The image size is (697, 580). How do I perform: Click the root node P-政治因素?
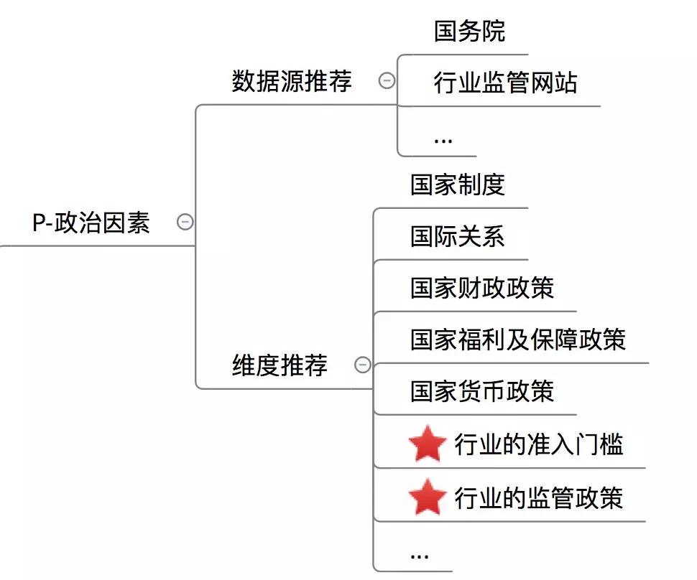click(91, 223)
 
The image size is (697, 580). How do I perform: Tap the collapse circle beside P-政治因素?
click(185, 223)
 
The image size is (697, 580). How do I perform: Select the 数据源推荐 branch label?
click(292, 81)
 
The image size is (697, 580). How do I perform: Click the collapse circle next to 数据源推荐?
click(387, 81)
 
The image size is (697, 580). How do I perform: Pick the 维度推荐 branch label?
click(280, 365)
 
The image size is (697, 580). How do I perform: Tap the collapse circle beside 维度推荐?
click(363, 365)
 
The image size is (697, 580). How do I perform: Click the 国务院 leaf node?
click(469, 31)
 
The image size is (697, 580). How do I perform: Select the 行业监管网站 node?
click(505, 83)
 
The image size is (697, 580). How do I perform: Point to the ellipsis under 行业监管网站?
click(443, 139)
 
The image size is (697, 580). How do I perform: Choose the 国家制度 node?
click(458, 184)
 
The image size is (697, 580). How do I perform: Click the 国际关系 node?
click(458, 236)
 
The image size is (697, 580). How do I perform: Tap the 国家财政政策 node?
click(482, 288)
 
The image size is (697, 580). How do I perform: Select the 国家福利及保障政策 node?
click(518, 340)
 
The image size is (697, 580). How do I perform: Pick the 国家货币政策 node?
click(482, 391)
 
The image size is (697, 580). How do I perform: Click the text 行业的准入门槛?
click(538, 445)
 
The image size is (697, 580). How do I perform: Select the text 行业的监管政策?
click(538, 497)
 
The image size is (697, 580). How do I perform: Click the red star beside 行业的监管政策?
click(428, 497)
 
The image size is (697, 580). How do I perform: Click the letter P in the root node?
click(39, 223)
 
